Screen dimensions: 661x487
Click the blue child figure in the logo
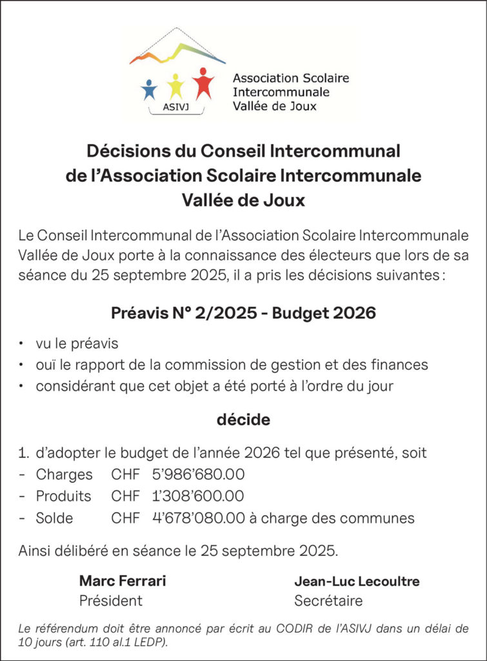tap(149, 89)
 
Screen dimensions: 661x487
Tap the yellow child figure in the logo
tap(175, 85)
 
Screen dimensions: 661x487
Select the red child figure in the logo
tap(203, 83)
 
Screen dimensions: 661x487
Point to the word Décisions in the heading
tap(119, 151)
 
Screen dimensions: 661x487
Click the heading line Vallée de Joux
tap(243, 201)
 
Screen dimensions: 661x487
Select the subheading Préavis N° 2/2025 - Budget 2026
tap(243, 314)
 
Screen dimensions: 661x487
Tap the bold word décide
tap(243, 420)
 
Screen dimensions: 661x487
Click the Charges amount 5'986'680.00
tap(198, 474)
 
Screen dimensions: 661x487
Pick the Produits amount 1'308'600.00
tap(198, 496)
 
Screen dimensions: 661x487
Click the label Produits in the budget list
tap(63, 496)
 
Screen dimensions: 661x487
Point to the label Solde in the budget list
tap(54, 518)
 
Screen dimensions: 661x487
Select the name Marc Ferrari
tap(123, 581)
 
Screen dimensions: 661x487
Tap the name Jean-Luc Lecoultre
tap(357, 581)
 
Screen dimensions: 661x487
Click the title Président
tap(110, 601)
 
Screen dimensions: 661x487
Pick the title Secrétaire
tap(328, 601)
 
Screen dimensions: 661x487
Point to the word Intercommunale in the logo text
tap(281, 92)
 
